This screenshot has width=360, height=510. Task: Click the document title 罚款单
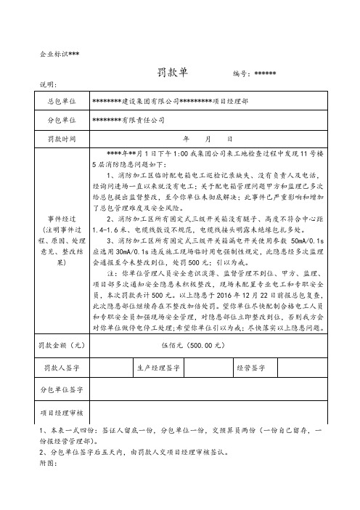[172, 73]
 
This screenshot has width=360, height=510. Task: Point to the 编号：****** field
[253, 73]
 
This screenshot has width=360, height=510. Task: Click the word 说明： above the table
[49, 85]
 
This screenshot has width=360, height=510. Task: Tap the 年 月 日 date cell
[207, 138]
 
